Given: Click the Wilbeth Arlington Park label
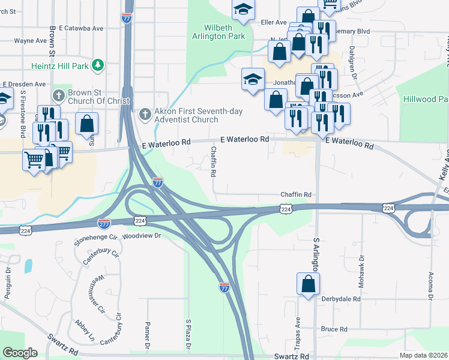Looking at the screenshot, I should (x=224, y=32).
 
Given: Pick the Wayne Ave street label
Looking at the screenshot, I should (x=30, y=41).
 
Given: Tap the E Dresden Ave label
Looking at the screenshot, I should (x=25, y=85).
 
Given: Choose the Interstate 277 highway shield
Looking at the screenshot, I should (x=103, y=223).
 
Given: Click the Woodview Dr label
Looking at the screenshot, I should (x=142, y=236).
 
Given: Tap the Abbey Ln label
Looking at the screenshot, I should (x=83, y=329).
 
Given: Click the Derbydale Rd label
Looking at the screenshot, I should (x=340, y=298).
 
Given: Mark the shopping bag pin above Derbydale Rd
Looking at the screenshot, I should (x=308, y=284).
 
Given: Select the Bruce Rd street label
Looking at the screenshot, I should (x=334, y=329).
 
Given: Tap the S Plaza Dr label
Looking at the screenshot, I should (x=188, y=335).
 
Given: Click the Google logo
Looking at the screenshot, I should (x=20, y=353).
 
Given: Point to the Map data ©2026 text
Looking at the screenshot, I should (x=424, y=355).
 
